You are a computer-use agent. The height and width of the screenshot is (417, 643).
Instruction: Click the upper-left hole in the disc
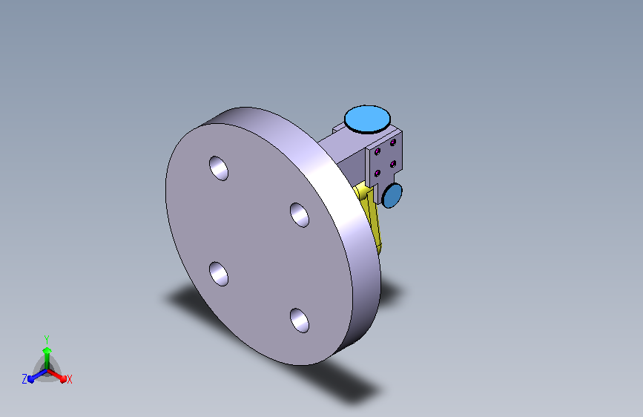point(218,168)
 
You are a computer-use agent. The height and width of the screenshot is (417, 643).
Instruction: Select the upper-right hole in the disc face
point(299,215)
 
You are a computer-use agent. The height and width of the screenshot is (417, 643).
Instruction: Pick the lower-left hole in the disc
point(218,275)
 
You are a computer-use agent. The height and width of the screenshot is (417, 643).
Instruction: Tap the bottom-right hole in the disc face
point(299,321)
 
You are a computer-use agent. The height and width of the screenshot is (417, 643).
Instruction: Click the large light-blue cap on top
point(367,119)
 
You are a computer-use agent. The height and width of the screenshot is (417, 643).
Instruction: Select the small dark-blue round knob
point(392,195)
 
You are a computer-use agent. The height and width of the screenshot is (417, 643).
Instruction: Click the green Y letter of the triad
point(46,338)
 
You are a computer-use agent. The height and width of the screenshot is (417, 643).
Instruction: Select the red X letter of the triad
point(69,379)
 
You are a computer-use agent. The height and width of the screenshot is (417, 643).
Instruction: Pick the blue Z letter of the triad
point(24,379)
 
